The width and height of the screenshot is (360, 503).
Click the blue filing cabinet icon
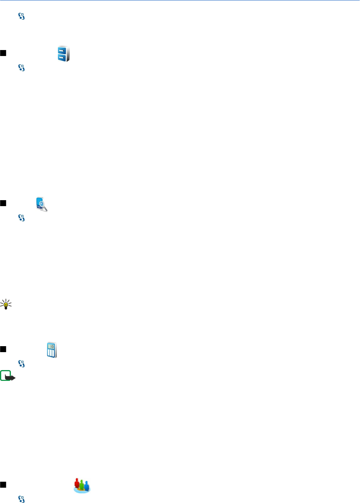63,54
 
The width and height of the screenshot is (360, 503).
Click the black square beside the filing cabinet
3,53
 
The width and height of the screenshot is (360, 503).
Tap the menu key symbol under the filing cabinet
22,68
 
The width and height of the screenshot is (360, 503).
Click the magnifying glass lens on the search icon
42,204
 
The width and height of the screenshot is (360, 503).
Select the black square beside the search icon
3,203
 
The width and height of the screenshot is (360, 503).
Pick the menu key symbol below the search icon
22,218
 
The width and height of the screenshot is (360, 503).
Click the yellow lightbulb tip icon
6,305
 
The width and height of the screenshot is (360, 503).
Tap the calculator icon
51,350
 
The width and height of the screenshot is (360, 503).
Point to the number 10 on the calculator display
52,347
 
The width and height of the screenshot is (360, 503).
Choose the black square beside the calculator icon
3,349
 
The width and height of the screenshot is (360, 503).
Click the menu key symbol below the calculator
22,364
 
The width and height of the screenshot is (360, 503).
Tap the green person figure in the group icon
82,485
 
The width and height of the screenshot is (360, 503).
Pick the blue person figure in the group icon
87,485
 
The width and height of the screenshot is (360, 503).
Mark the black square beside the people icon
3,485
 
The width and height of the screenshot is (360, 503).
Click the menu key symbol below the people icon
22,499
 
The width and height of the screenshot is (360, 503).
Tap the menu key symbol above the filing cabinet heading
22,16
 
